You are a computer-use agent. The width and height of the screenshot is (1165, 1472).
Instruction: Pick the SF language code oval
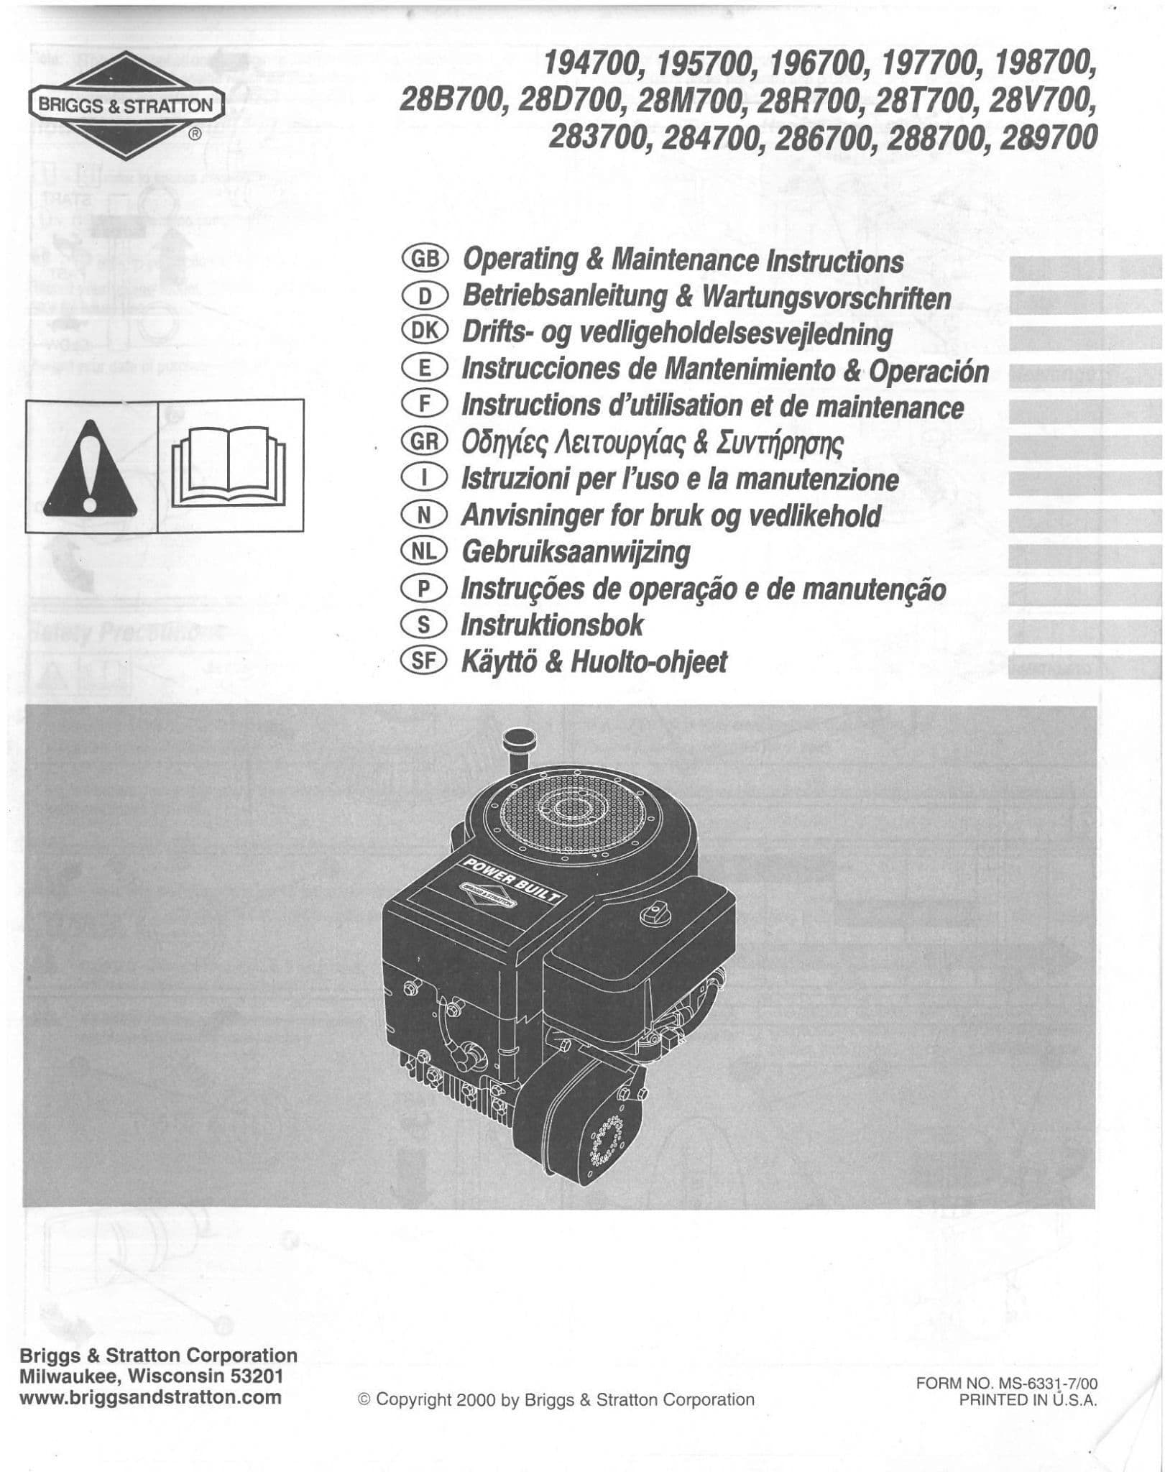(x=425, y=661)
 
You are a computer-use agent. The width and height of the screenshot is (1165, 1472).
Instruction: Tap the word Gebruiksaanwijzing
(x=575, y=552)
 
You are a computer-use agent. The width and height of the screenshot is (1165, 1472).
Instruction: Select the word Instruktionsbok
(x=552, y=625)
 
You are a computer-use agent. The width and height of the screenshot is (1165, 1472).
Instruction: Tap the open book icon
(x=230, y=466)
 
